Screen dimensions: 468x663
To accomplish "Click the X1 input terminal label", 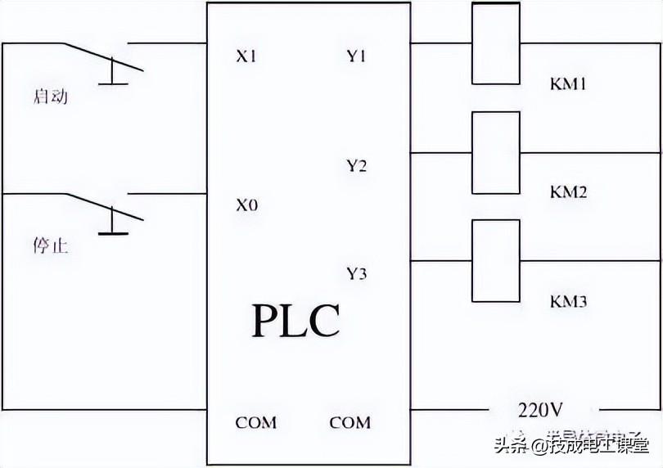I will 246,57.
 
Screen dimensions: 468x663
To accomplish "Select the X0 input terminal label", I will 246,205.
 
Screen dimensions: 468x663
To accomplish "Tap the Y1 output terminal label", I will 356,57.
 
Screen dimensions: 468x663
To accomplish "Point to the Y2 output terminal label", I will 356,166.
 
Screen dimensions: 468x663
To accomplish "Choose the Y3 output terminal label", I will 356,273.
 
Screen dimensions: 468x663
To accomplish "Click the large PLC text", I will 295,321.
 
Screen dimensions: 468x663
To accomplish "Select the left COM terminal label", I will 256,423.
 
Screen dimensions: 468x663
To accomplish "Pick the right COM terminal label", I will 350,423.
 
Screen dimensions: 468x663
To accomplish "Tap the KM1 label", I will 568,84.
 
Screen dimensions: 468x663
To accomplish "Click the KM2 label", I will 568,193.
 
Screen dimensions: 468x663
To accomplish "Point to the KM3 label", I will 568,302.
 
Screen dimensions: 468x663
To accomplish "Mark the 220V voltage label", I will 539,408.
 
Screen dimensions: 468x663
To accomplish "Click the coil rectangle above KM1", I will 496,43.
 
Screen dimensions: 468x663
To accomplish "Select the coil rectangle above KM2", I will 496,152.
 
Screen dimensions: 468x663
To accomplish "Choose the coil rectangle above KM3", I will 496,260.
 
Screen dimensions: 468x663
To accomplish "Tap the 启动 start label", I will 50,97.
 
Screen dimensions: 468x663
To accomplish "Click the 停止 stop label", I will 50,245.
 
